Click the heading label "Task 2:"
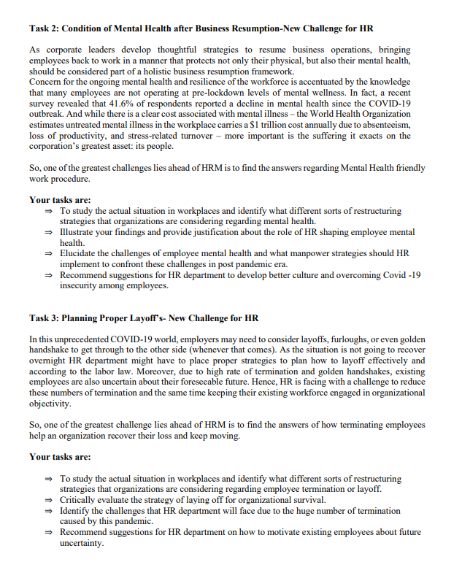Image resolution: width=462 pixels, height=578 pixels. (x=45, y=28)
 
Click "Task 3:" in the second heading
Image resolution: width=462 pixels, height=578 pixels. (x=45, y=319)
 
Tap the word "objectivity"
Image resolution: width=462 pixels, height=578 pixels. (x=50, y=404)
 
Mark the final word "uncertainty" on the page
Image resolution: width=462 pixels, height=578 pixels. (x=82, y=543)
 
